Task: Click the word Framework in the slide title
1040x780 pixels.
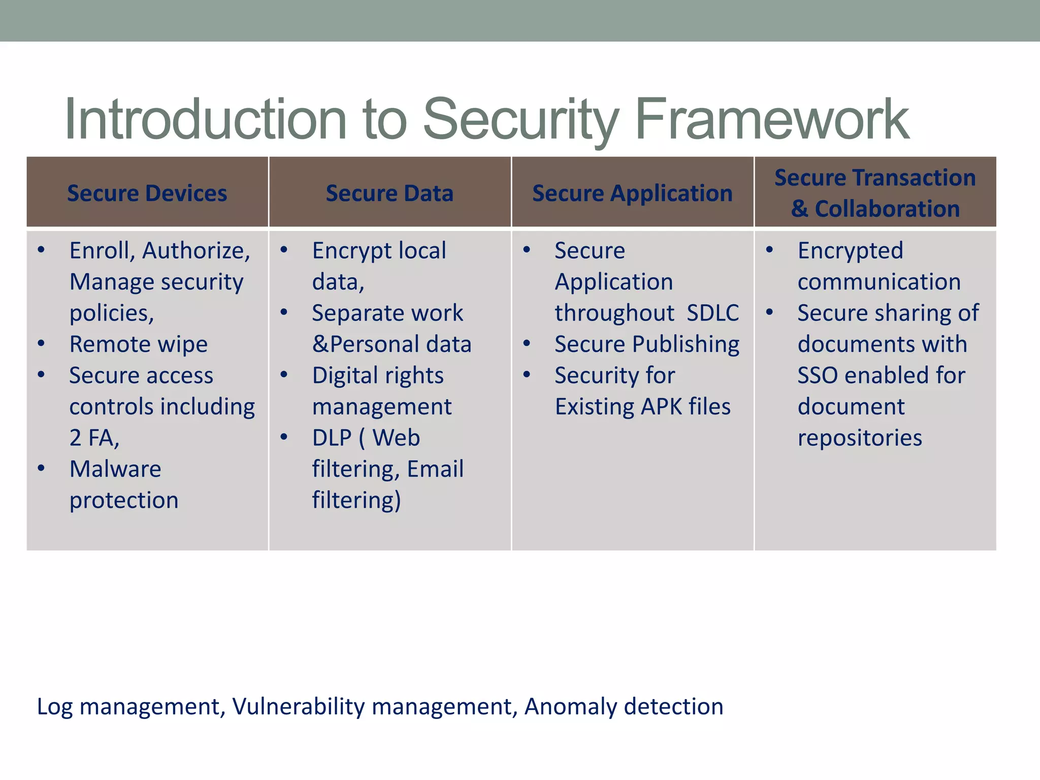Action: [x=772, y=120]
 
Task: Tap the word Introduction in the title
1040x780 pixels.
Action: [x=206, y=120]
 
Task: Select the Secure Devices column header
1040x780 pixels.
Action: [x=147, y=193]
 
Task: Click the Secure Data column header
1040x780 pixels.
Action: [x=389, y=193]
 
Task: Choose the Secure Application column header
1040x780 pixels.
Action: [x=632, y=193]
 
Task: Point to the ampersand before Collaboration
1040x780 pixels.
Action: [x=799, y=209]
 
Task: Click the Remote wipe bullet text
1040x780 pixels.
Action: [x=139, y=344]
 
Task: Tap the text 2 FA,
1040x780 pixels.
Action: [x=94, y=438]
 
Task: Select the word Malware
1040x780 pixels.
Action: [x=115, y=469]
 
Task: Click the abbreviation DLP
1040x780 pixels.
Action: [x=332, y=438]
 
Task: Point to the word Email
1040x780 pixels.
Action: [x=435, y=469]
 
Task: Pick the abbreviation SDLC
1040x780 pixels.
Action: [x=712, y=313]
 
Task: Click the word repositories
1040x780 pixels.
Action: [x=860, y=438]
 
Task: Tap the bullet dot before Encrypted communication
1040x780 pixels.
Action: [x=770, y=250]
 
